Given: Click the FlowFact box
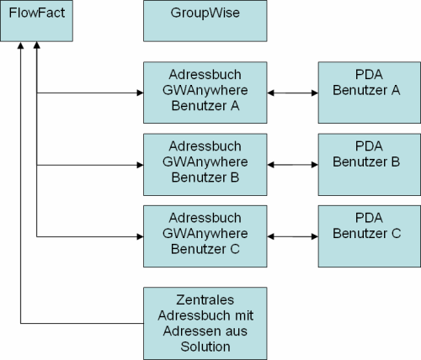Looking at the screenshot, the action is point(36,21).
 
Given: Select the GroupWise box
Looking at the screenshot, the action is point(205,21).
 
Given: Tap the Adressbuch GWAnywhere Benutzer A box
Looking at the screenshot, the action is point(205,93).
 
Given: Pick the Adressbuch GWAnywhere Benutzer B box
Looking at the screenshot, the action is point(205,165).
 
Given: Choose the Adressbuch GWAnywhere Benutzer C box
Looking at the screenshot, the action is point(205,236).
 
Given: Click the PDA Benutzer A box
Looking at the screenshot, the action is point(370,93).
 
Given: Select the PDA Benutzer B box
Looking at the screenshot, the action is point(370,165).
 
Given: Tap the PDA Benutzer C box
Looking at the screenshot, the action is point(370,236).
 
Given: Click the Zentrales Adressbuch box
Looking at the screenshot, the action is point(205,323).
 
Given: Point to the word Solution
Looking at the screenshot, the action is point(205,347).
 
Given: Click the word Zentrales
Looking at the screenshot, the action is point(205,299).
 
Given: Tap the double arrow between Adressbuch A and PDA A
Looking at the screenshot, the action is point(293,93).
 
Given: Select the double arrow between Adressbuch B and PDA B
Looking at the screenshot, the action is point(293,165).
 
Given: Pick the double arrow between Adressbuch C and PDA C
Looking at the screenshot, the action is point(293,236).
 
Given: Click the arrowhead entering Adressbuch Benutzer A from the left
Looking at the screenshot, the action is point(140,93).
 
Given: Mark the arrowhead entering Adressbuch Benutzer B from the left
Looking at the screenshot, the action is point(140,165).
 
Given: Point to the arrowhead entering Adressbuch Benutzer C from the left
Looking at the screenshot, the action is point(140,236).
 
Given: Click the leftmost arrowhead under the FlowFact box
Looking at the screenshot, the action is point(20,45).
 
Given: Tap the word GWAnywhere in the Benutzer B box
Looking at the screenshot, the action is point(205,162).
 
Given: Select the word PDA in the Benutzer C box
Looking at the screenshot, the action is point(369,218).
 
